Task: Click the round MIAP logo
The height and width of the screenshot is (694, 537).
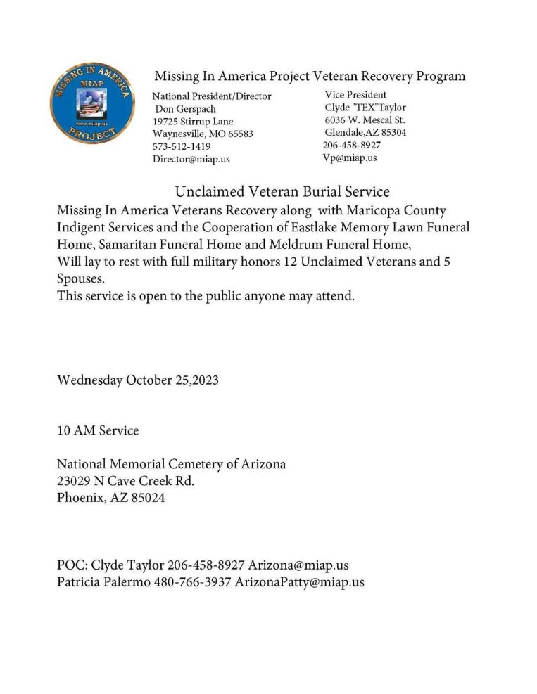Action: pyautogui.click(x=92, y=103)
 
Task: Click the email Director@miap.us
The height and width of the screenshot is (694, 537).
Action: pyautogui.click(x=191, y=159)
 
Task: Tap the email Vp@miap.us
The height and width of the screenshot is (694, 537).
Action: pyautogui.click(x=350, y=158)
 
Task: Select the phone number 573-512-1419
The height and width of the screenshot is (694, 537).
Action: pyautogui.click(x=181, y=146)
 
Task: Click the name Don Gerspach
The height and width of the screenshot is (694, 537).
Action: pyautogui.click(x=185, y=109)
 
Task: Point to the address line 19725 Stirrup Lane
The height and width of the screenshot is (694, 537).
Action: pyautogui.click(x=193, y=122)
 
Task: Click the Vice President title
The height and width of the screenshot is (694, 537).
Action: pyautogui.click(x=355, y=95)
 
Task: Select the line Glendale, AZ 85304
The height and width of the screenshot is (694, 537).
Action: pyautogui.click(x=365, y=133)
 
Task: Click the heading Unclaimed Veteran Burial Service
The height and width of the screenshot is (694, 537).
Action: pyautogui.click(x=282, y=191)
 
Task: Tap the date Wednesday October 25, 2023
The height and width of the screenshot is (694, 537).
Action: pyautogui.click(x=137, y=380)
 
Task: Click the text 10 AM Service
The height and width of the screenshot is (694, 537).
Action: pyautogui.click(x=97, y=430)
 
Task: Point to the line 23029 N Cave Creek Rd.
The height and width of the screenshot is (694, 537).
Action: pyautogui.click(x=125, y=482)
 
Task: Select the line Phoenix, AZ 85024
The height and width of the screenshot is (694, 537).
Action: pyautogui.click(x=110, y=499)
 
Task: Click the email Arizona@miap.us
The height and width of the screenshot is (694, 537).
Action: pyautogui.click(x=298, y=565)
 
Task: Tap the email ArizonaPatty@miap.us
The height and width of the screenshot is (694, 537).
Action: pyautogui.click(x=299, y=582)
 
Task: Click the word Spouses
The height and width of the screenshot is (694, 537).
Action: pyautogui.click(x=80, y=278)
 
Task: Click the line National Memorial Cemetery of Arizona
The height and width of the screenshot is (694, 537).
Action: pyautogui.click(x=171, y=465)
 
